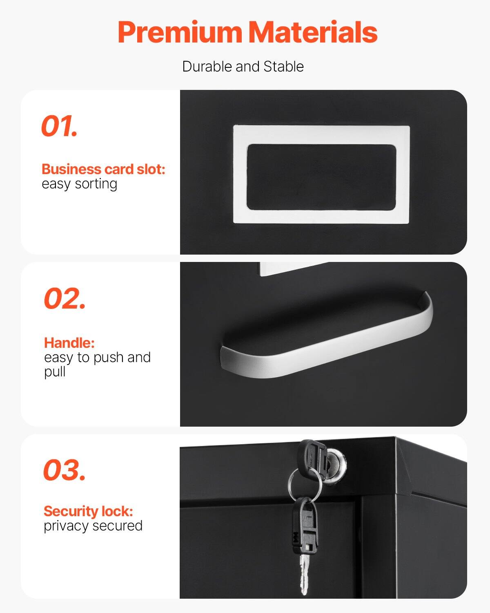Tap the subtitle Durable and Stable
(x=243, y=67)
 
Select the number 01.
(x=59, y=126)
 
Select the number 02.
(x=65, y=299)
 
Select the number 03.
(x=65, y=470)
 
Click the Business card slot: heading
(x=103, y=169)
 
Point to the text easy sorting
(x=79, y=184)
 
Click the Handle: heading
(x=69, y=342)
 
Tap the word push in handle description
(x=108, y=358)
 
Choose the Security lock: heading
(x=88, y=511)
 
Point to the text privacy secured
(x=93, y=526)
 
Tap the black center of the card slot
(x=321, y=177)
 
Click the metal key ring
(x=304, y=484)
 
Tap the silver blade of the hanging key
(x=303, y=572)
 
